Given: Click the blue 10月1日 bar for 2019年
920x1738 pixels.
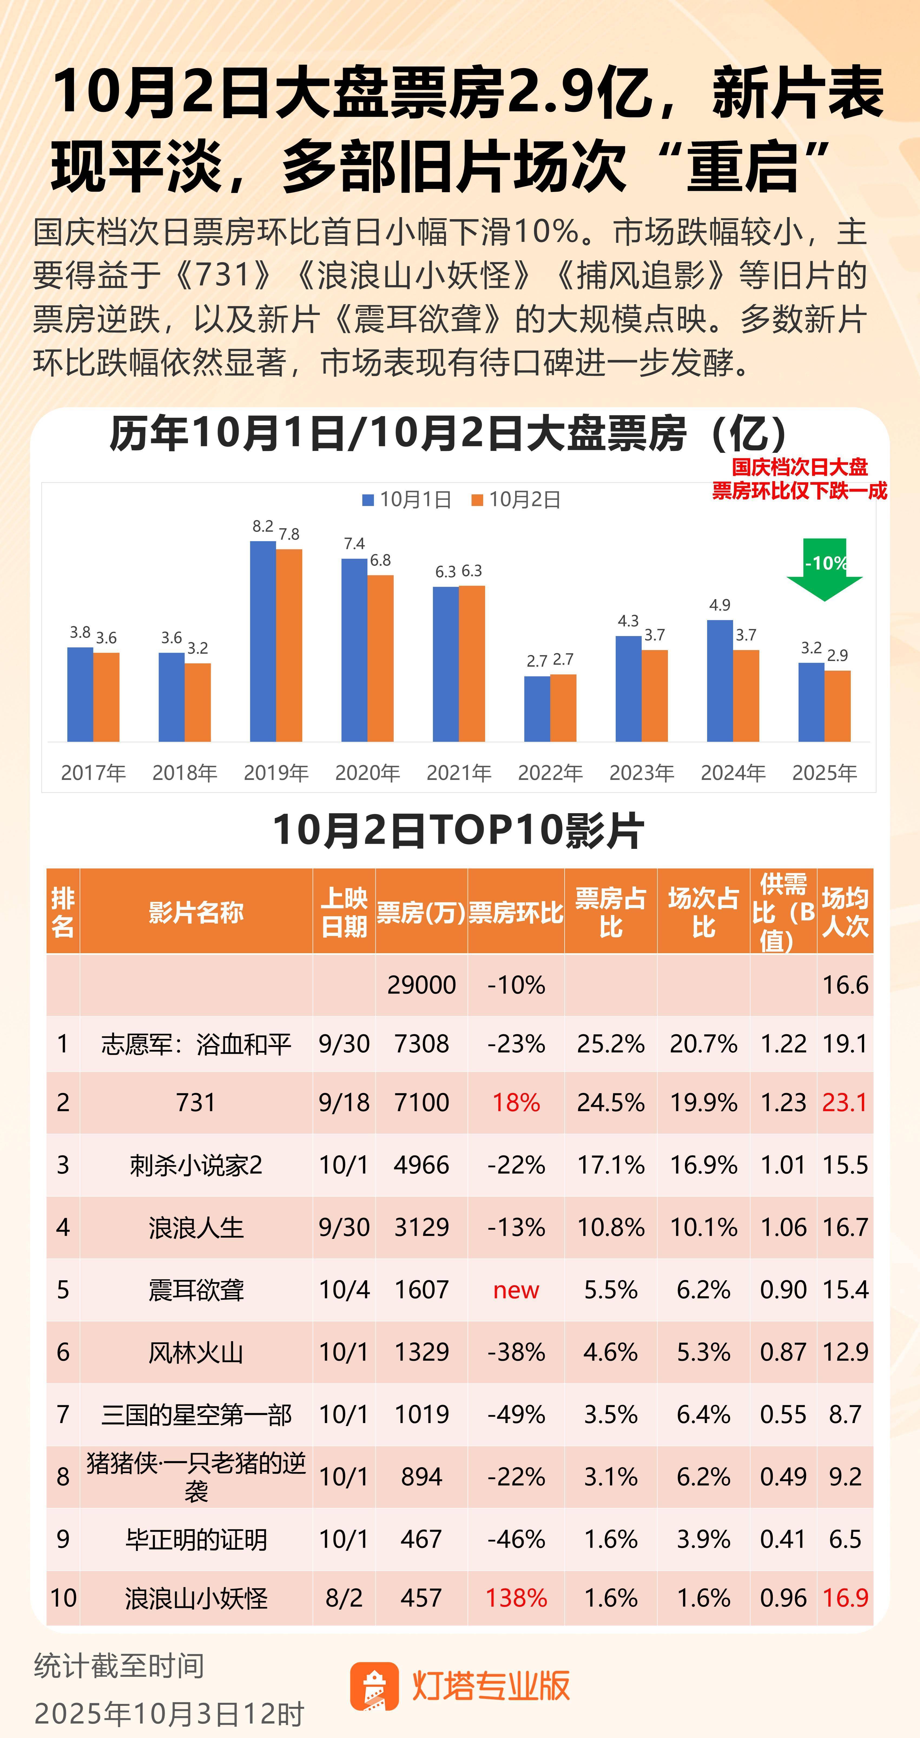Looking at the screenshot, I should [263, 641].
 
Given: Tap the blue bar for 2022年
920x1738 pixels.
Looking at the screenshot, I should [537, 709].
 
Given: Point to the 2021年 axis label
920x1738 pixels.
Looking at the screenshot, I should [459, 773].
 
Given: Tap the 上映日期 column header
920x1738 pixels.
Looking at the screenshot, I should [344, 912].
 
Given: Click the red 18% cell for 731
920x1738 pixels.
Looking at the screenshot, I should [516, 1102].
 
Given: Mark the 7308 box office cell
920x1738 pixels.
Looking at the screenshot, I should [421, 1044].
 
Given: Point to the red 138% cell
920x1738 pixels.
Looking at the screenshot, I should [516, 1598].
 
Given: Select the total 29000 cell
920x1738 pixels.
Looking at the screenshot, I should [421, 985].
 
